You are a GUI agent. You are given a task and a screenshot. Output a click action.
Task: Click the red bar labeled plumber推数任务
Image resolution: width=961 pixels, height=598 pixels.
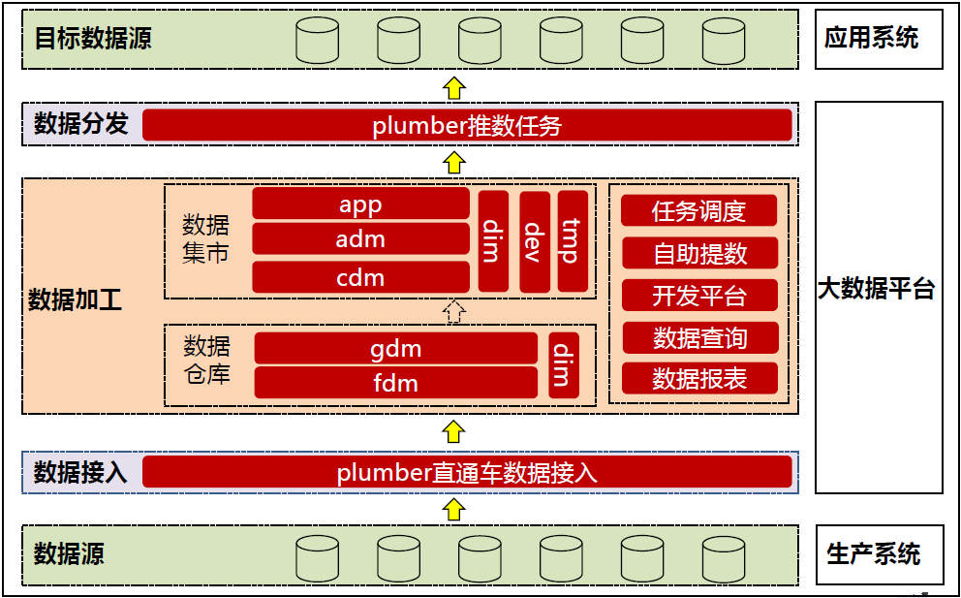click(467, 125)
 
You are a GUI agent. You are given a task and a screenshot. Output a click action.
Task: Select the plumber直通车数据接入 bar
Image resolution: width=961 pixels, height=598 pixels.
click(467, 472)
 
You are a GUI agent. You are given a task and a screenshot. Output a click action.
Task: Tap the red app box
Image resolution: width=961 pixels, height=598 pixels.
click(360, 204)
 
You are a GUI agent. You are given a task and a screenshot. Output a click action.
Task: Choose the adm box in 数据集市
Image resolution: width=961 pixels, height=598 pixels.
click(360, 238)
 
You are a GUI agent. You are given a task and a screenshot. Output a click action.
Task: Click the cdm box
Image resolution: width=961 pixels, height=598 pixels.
click(360, 277)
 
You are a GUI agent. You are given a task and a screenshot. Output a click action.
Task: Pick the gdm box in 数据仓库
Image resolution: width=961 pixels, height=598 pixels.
click(395, 348)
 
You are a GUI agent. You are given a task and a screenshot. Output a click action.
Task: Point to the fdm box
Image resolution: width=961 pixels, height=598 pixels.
click(395, 382)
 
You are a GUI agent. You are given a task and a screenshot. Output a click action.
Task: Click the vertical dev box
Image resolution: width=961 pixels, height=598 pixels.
click(534, 241)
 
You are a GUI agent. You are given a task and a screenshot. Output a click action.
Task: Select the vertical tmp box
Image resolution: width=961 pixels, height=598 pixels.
click(573, 241)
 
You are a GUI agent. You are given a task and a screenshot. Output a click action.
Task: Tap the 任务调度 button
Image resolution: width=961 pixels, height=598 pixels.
click(698, 210)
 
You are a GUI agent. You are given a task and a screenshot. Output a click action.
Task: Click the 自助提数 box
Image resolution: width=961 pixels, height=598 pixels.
click(698, 253)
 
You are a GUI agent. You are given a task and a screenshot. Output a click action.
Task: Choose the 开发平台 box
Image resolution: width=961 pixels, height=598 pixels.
click(698, 295)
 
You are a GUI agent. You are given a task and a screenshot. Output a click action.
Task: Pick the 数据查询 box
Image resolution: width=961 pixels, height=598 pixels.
click(698, 337)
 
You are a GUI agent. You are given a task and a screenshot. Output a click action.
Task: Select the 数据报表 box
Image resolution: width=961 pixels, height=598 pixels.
click(698, 378)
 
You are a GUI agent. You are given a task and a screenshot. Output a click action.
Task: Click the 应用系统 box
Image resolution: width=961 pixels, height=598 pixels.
click(878, 39)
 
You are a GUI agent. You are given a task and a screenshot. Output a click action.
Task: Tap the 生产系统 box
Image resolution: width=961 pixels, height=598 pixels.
click(878, 554)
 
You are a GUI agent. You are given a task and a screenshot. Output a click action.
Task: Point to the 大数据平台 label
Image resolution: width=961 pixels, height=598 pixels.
click(878, 289)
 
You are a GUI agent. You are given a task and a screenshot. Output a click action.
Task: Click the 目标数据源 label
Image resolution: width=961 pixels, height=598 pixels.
click(93, 39)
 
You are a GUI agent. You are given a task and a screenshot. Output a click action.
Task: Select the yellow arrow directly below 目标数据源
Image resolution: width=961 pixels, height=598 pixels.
click(453, 86)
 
